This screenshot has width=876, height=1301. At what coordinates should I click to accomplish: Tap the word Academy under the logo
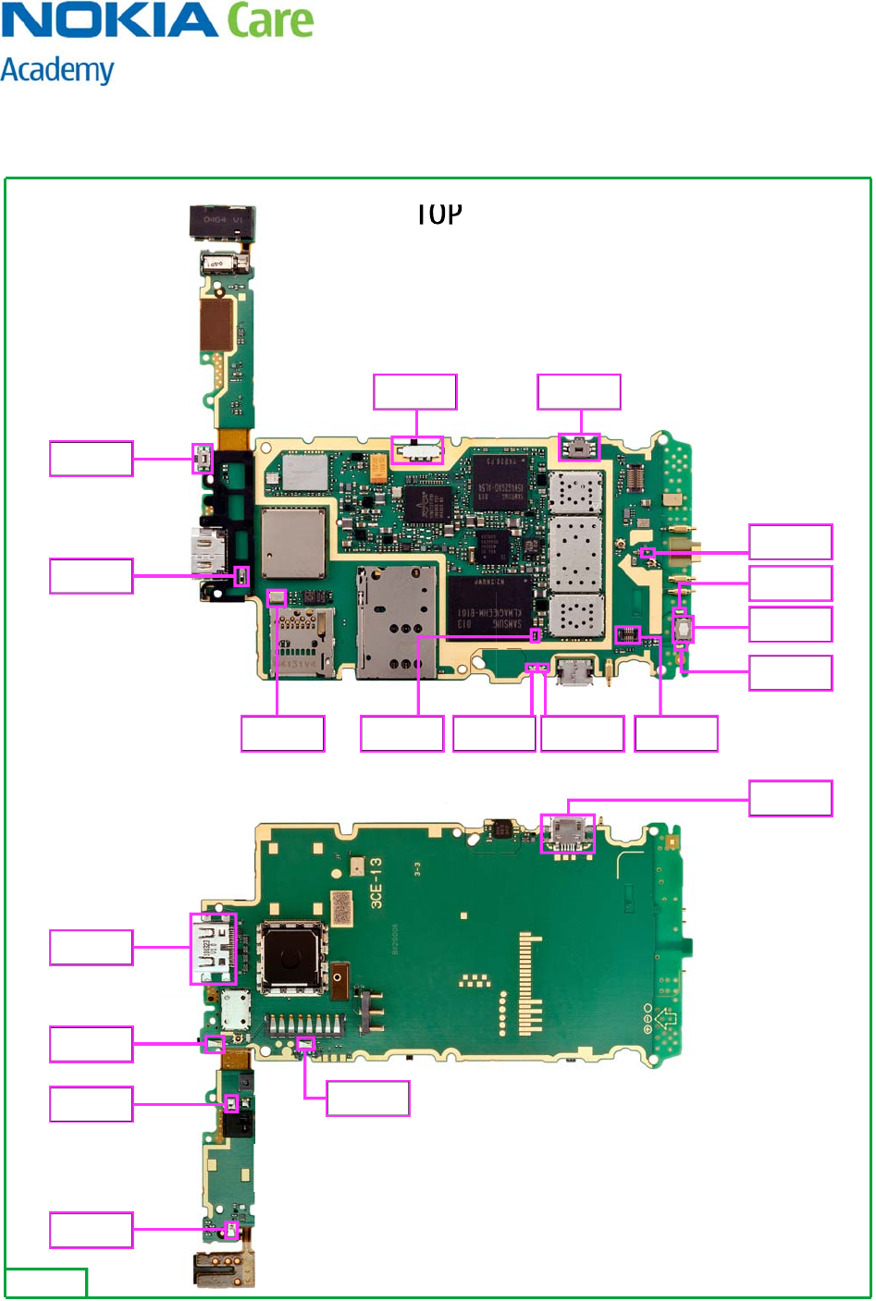[57, 71]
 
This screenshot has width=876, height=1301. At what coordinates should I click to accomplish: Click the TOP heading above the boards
[438, 215]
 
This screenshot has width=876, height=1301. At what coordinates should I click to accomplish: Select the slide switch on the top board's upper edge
[418, 450]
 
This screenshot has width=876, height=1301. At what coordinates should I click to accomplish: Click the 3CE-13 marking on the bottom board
[376, 883]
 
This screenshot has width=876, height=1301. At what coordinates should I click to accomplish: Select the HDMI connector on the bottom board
[214, 949]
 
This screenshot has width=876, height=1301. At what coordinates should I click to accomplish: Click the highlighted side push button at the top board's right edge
[684, 629]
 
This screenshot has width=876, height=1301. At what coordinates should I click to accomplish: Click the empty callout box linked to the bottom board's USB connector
[790, 798]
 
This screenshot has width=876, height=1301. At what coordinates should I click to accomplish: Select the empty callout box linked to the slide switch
[414, 392]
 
